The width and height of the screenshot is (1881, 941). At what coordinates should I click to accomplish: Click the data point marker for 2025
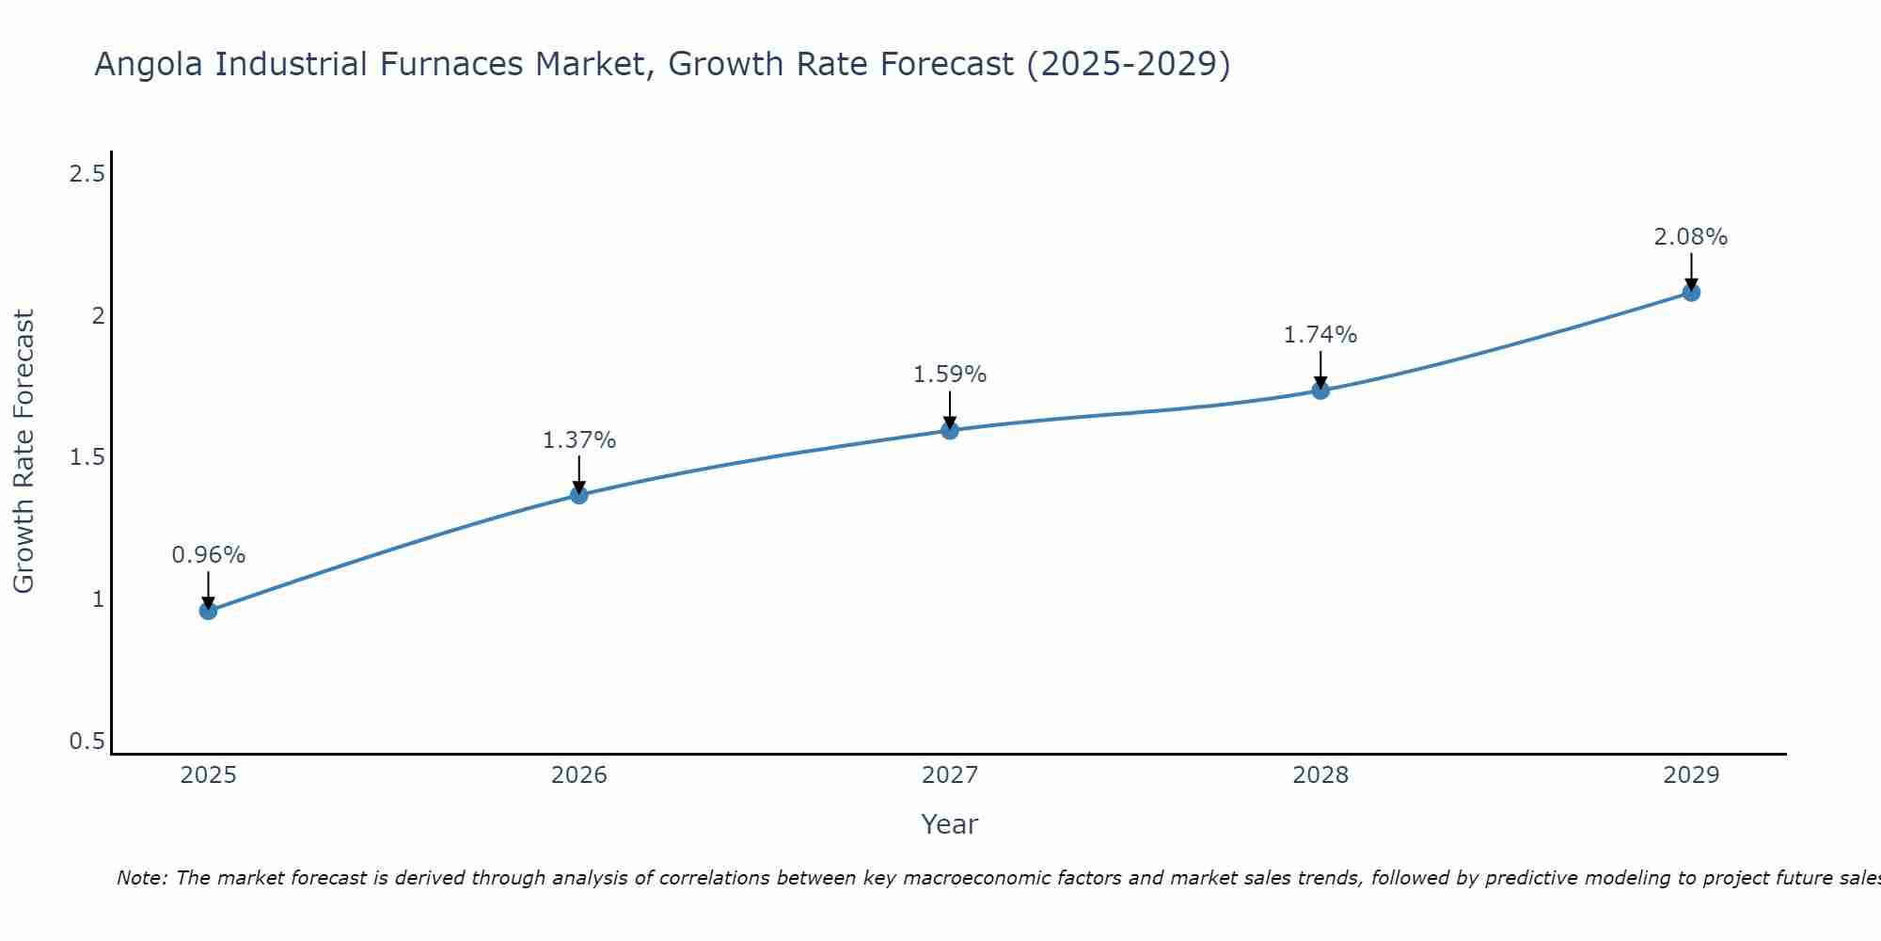[x=208, y=611]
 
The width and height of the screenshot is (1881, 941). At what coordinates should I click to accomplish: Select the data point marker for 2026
[x=579, y=494]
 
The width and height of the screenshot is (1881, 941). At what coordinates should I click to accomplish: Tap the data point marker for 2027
[x=950, y=430]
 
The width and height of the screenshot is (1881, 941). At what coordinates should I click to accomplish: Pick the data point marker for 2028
[x=1320, y=390]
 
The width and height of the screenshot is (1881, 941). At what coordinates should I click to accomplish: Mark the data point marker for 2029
[x=1691, y=292]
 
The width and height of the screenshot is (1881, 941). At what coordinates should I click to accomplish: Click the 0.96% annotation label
[x=208, y=555]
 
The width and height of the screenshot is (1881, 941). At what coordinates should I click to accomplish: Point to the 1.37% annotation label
[x=579, y=439]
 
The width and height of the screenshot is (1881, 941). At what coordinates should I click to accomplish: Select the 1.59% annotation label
[x=950, y=375]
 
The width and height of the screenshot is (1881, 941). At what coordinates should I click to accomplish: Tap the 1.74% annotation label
[x=1320, y=335]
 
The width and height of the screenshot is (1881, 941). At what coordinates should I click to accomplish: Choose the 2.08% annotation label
[x=1691, y=237]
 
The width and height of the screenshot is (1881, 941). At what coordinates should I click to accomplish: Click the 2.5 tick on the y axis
[x=87, y=173]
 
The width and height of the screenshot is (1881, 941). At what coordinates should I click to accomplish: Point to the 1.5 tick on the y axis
[x=87, y=457]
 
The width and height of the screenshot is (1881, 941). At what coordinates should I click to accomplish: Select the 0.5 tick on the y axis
[x=87, y=742]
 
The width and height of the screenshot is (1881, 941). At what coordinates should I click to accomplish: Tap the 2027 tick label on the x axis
[x=950, y=775]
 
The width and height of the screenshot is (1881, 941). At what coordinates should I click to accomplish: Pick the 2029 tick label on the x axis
[x=1691, y=775]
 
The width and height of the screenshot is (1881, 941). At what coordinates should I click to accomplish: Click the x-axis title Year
[x=950, y=824]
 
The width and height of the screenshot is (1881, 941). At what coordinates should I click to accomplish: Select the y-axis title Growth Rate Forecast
[x=24, y=452]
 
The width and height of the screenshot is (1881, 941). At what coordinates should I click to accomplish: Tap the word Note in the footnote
[x=141, y=878]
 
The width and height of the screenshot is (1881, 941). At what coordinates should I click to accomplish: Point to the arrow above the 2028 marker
[x=1320, y=369]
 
